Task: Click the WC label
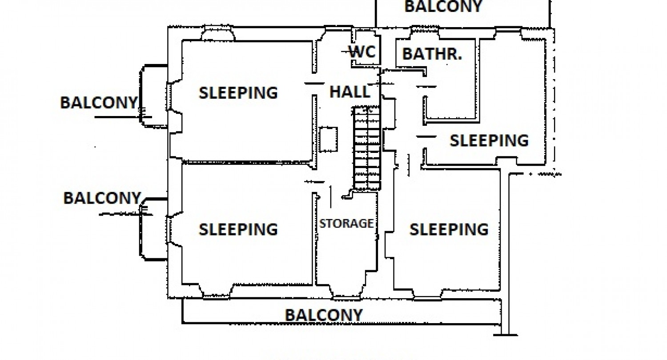pos(362,52)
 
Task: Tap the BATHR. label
pos(432,54)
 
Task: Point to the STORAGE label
pos(346,223)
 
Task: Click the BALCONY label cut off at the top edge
pos(443,6)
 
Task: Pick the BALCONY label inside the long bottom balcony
pos(324,315)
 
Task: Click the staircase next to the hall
pos(367,148)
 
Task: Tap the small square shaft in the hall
pos(329,140)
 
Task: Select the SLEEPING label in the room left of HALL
pos(238,92)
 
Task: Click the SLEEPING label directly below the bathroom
pos(489,140)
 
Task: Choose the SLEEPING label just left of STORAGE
pos(238,229)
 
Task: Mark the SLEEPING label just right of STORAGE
pos(449,229)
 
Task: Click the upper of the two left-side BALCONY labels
pos(99,103)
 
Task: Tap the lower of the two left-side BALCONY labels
pos(102,198)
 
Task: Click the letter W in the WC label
pos(356,52)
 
